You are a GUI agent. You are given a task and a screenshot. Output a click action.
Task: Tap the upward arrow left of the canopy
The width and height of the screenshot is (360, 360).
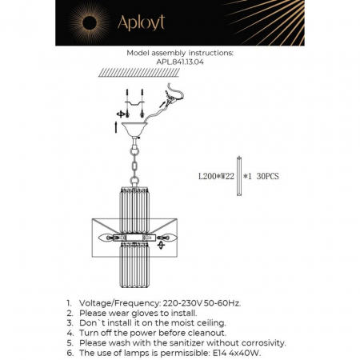tap(118, 126)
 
